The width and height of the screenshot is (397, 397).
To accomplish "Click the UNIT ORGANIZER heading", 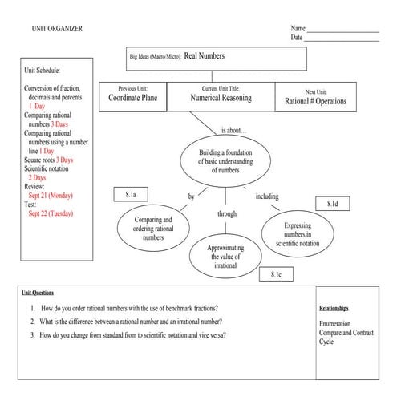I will pos(57,29).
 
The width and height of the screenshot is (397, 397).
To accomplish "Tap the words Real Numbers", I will pos(205,56).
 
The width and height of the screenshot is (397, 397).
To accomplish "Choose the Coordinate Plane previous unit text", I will pos(133,100).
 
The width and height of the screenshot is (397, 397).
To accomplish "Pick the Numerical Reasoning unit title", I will pos(221,98).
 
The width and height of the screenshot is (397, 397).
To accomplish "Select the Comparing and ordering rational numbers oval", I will pos(153,228).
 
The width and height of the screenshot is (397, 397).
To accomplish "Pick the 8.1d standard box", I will pos(333,205).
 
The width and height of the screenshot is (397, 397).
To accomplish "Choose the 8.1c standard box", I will pos(275,275).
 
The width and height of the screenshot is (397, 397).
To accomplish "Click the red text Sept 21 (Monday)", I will pos(51,195).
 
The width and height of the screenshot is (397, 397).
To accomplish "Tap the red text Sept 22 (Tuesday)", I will pos(51,213).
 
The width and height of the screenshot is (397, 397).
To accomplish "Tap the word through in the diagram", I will pos(227,214).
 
